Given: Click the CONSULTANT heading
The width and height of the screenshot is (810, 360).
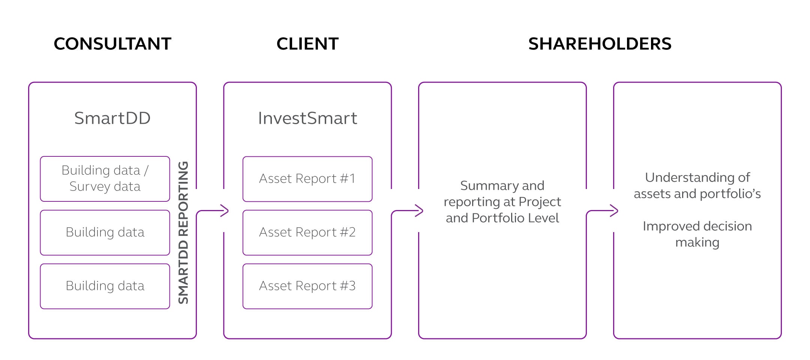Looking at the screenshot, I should pyautogui.click(x=112, y=44).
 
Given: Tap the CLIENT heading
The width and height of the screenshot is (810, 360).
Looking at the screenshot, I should pyautogui.click(x=307, y=44).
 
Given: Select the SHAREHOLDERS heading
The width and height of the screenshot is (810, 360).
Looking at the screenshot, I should pyautogui.click(x=600, y=44).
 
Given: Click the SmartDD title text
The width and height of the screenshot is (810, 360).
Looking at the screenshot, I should pyautogui.click(x=112, y=118).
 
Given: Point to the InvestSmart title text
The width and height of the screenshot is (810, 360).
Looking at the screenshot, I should pyautogui.click(x=307, y=118).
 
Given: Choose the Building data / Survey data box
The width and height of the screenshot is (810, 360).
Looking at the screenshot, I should pyautogui.click(x=105, y=179).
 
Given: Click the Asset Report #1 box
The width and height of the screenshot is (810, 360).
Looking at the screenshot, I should pyautogui.click(x=307, y=179).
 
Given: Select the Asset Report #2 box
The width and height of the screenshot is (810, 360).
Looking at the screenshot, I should pyautogui.click(x=307, y=232).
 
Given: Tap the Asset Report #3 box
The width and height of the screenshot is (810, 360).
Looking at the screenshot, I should pyautogui.click(x=307, y=286).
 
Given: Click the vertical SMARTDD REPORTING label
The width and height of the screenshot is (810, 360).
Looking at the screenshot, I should pyautogui.click(x=183, y=232).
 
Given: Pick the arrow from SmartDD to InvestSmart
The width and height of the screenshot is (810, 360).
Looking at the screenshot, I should pyautogui.click(x=213, y=211).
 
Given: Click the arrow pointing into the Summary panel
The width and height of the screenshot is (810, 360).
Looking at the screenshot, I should pyautogui.click(x=408, y=211).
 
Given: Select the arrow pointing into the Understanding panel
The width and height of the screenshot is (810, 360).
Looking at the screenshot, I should pyautogui.click(x=603, y=211).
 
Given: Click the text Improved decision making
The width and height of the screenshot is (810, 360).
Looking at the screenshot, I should pyautogui.click(x=697, y=234).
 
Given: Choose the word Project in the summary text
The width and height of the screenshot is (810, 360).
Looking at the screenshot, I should pyautogui.click(x=540, y=202).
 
